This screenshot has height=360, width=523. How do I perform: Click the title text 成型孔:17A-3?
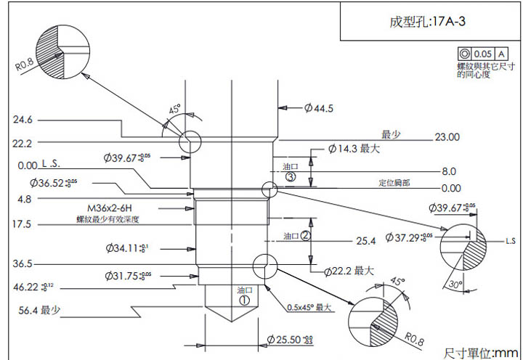[427, 22]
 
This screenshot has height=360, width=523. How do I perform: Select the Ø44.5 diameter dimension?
[319, 108]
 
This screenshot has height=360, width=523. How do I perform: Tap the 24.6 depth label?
[23, 119]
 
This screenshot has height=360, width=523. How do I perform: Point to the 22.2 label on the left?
[23, 142]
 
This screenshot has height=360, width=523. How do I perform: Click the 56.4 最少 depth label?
[40, 310]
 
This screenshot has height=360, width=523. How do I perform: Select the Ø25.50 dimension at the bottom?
[290, 339]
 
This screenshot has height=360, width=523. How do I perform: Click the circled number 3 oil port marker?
[291, 176]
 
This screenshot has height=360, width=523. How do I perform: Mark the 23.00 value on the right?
[447, 136]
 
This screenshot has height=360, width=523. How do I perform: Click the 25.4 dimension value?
[365, 240]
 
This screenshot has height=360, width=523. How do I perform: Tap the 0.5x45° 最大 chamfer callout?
[308, 307]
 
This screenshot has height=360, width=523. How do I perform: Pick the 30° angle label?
[455, 285]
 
